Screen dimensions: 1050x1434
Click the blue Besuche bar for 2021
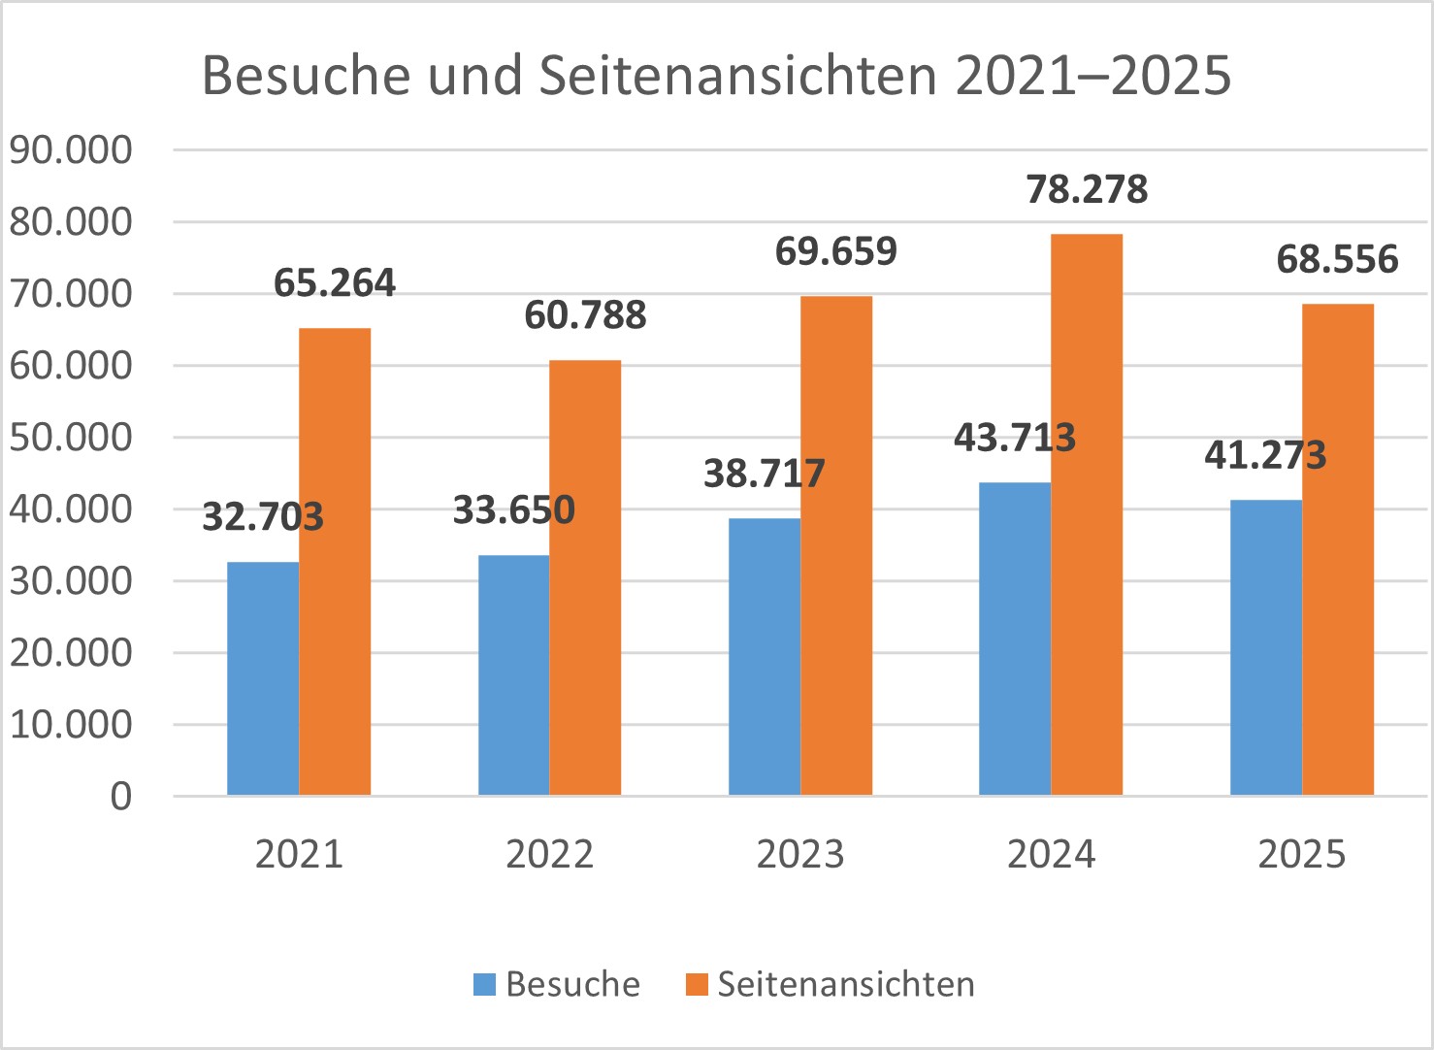pyautogui.click(x=263, y=678)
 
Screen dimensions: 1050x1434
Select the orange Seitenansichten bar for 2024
pyautogui.click(x=1087, y=514)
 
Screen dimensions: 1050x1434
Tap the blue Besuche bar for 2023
pyautogui.click(x=765, y=657)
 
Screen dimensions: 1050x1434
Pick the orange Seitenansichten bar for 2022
pyautogui.click(x=585, y=577)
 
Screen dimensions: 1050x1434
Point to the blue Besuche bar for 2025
pyautogui.click(x=1266, y=647)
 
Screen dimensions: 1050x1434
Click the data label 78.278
pyautogui.click(x=1087, y=189)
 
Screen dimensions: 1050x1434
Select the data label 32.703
pyautogui.click(x=263, y=516)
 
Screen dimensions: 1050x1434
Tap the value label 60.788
pyautogui.click(x=585, y=315)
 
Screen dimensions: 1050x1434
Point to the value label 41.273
pyautogui.click(x=1265, y=454)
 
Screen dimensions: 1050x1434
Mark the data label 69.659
pyautogui.click(x=836, y=251)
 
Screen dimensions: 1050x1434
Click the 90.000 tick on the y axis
pyautogui.click(x=71, y=150)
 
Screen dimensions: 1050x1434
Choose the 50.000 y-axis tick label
pyautogui.click(x=71, y=438)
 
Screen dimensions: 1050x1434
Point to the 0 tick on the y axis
pyautogui.click(x=120, y=797)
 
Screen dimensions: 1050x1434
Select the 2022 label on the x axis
pyautogui.click(x=549, y=854)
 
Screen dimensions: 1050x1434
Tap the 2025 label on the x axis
pyautogui.click(x=1302, y=854)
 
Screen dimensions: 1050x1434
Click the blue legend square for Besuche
pyautogui.click(x=484, y=984)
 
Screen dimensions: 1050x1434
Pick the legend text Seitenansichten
pyautogui.click(x=846, y=984)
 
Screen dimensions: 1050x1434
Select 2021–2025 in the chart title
pyautogui.click(x=1093, y=75)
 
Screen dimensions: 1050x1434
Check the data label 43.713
pyautogui.click(x=1015, y=438)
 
